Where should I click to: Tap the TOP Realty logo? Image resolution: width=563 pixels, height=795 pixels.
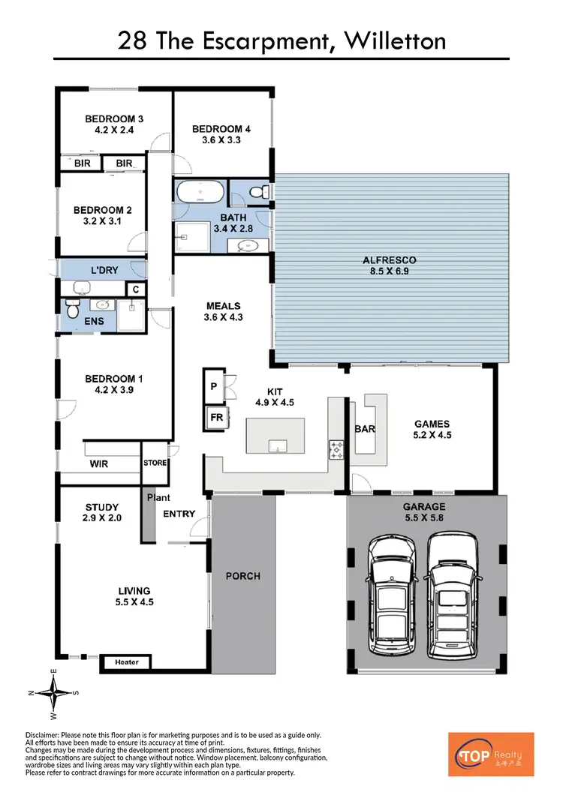(491, 754)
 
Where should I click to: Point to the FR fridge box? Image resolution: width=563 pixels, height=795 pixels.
(216, 418)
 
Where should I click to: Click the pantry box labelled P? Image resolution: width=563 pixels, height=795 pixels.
(214, 386)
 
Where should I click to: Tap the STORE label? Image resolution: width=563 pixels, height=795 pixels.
(155, 463)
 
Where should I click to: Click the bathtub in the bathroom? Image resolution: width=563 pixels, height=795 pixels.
(200, 192)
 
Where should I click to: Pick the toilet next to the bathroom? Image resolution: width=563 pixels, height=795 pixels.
(258, 193)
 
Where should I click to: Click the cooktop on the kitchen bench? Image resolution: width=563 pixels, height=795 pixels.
(335, 450)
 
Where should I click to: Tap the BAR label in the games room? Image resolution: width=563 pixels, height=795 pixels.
(365, 429)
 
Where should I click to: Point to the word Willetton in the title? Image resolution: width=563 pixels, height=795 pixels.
(394, 40)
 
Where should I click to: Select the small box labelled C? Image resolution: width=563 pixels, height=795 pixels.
(136, 289)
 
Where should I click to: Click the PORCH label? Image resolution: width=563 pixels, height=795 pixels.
(242, 576)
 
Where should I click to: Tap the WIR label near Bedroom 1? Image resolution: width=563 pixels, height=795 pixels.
(98, 464)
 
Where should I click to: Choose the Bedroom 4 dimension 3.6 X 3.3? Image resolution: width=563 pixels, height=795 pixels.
(221, 139)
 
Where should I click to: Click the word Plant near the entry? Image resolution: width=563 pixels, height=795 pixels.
(158, 497)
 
